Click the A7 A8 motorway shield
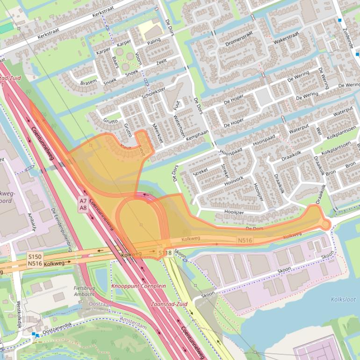pos(83,204)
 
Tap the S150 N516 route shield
pos(35,260)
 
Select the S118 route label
pos(165,253)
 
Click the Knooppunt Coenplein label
pos(138,286)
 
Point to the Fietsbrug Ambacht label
pos(84,291)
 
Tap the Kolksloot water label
pos(343,299)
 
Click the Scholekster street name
pos(153,93)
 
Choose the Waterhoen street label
pos(179,126)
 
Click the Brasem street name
pos(88,82)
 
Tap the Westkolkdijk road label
pos(19,316)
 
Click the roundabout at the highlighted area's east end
pos(325,225)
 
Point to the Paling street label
pos(154,42)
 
